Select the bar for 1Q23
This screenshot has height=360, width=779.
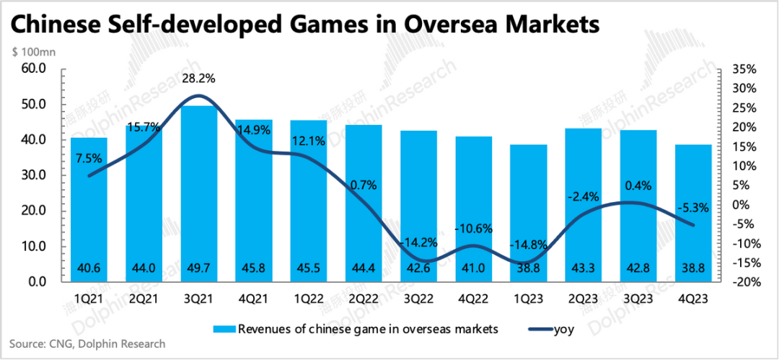[529, 213]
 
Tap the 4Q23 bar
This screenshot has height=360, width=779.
[693, 213]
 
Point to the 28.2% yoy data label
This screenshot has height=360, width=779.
[198, 78]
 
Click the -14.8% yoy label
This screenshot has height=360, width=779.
[528, 244]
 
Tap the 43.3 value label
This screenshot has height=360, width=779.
[584, 268]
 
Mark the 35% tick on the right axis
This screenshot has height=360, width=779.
[743, 70]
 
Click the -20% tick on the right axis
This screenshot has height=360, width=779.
[743, 282]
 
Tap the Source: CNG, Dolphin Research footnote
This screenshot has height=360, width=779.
[88, 344]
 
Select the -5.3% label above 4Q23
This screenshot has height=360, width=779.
[694, 207]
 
